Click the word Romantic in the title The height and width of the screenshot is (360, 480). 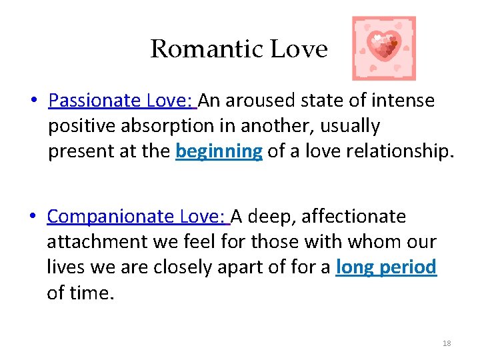tap(206, 49)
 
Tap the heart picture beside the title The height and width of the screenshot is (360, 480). tap(383, 48)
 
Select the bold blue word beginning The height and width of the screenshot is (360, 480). tap(219, 151)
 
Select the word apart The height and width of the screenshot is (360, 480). tap(250, 267)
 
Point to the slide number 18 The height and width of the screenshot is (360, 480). tap(447, 343)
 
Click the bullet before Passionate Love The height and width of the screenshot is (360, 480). tap(33, 101)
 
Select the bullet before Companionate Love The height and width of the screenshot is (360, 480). tap(33, 217)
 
